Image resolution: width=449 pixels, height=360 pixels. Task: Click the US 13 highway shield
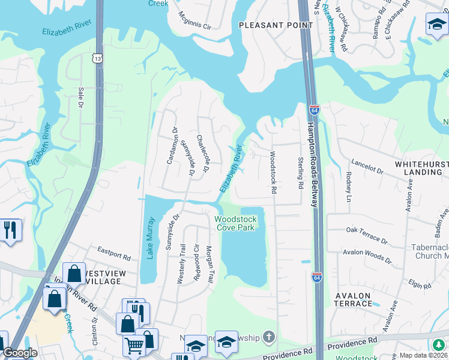point(97,58)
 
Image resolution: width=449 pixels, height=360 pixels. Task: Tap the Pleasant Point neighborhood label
point(276,25)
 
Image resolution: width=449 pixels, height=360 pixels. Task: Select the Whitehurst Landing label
point(418,168)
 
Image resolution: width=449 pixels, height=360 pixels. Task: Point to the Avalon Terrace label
point(354,299)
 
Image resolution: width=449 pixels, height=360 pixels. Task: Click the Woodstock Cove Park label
point(236,223)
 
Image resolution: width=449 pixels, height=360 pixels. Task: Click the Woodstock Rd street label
point(273,172)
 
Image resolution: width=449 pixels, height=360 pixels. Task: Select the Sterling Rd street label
point(300,172)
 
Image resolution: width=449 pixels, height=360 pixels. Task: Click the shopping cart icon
point(133,345)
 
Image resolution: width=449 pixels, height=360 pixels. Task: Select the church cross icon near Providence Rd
point(270,338)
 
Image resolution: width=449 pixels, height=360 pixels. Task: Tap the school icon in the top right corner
point(436,24)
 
